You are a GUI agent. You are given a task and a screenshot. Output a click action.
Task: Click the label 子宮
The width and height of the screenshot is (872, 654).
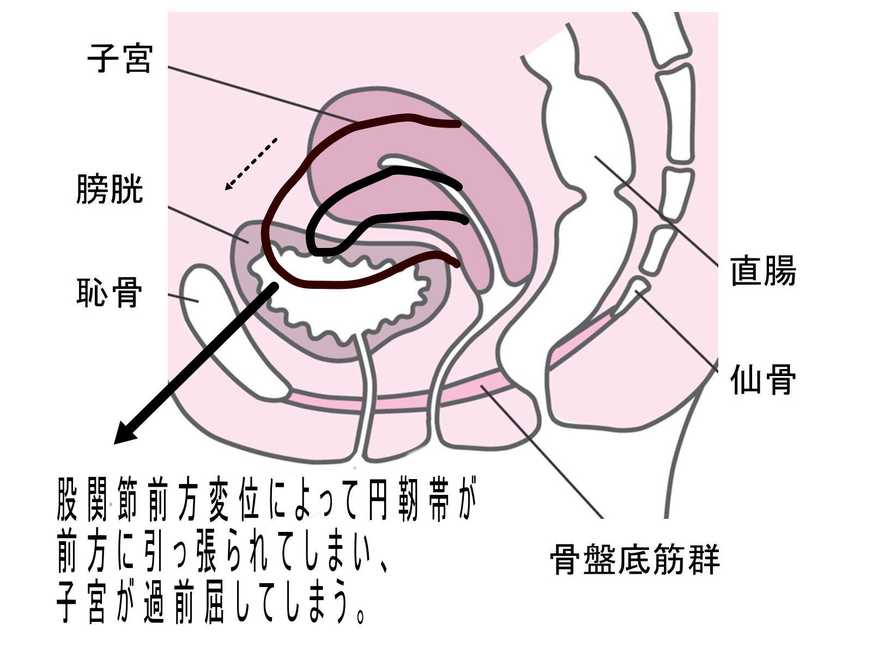119,59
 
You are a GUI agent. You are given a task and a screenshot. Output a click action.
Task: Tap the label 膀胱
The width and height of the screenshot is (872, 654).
110,189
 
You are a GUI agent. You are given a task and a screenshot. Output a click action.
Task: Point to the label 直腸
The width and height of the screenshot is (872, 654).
763,271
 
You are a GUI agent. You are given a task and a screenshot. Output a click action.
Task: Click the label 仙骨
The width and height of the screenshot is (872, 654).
763,379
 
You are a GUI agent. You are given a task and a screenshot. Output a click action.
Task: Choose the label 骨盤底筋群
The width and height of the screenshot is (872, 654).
635,560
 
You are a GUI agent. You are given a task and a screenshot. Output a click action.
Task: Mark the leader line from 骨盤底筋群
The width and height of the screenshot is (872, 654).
545,452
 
